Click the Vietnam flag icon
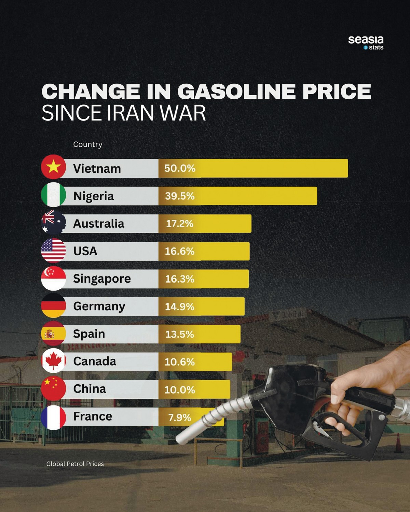(53, 167)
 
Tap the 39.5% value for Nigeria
(180, 196)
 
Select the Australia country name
(99, 224)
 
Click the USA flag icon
(53, 250)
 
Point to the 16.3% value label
(180, 279)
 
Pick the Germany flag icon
(53, 305)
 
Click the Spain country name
(89, 333)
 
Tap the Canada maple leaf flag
(53, 361)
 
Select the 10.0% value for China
(180, 389)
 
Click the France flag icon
(53, 417)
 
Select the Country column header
(88, 144)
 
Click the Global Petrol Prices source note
(75, 464)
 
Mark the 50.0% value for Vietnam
(180, 168)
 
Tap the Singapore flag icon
(53, 278)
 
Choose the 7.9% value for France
(180, 417)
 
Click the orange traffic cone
(398, 443)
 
